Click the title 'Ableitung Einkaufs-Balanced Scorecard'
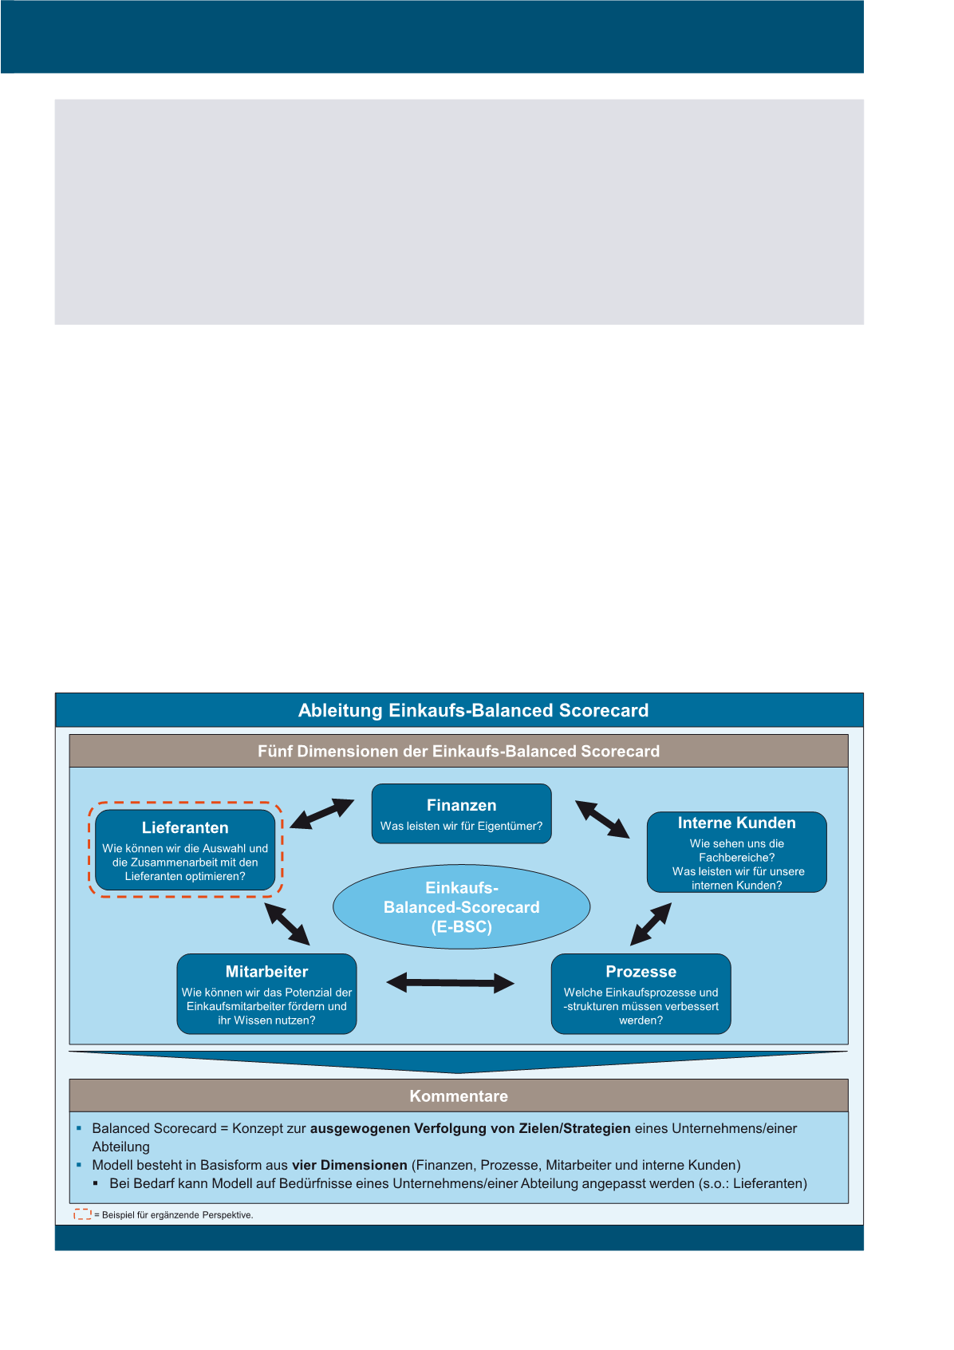click(473, 710)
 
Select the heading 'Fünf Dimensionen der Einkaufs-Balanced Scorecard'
click(459, 751)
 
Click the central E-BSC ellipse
click(461, 907)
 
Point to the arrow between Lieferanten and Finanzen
click(322, 813)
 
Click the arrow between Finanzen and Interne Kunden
click(602, 819)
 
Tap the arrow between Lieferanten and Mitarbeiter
click(287, 924)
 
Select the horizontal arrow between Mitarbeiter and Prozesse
click(451, 983)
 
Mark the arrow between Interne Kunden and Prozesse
click(651, 924)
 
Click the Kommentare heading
click(459, 1096)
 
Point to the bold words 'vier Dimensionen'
click(349, 1165)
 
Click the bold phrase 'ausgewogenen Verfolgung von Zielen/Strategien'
click(470, 1128)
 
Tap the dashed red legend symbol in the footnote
click(82, 1214)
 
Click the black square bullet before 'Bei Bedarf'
click(97, 1182)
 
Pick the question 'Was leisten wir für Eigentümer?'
click(461, 827)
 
